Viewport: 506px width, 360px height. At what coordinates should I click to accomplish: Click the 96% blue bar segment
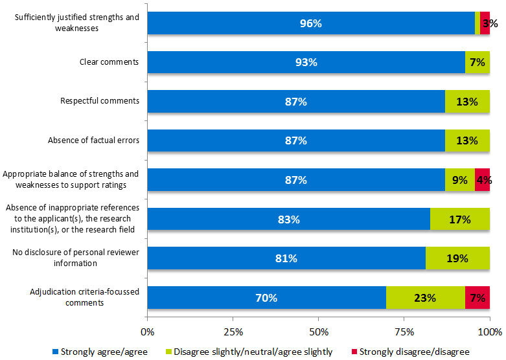click(311, 24)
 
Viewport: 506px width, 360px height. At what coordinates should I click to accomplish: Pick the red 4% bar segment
click(482, 181)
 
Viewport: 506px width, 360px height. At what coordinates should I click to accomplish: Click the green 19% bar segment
click(457, 258)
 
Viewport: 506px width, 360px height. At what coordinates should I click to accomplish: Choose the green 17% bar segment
click(460, 219)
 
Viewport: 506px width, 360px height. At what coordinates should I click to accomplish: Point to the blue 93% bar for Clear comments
click(306, 63)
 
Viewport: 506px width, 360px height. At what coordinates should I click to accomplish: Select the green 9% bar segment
click(459, 181)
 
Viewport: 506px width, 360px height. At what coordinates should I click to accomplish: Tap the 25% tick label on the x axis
click(233, 332)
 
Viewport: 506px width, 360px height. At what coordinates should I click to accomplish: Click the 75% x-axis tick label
click(404, 332)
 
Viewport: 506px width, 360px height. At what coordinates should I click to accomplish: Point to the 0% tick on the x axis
click(148, 332)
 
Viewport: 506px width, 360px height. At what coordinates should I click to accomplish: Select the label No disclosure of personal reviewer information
click(76, 258)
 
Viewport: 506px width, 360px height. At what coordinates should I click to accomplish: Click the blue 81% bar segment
click(286, 258)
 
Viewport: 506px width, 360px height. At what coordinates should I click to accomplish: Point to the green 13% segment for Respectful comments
click(467, 102)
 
